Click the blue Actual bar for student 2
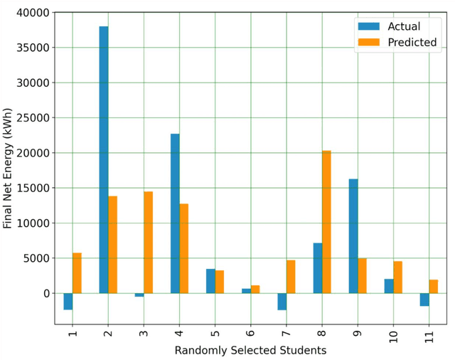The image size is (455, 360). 104,159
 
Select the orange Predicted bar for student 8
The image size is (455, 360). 326,222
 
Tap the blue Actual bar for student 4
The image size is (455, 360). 175,213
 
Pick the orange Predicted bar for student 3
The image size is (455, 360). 148,242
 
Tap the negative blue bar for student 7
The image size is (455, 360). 282,301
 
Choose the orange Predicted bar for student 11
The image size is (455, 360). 434,286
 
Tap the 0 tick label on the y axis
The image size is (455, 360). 46,293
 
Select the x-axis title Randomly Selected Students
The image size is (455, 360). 250,351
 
